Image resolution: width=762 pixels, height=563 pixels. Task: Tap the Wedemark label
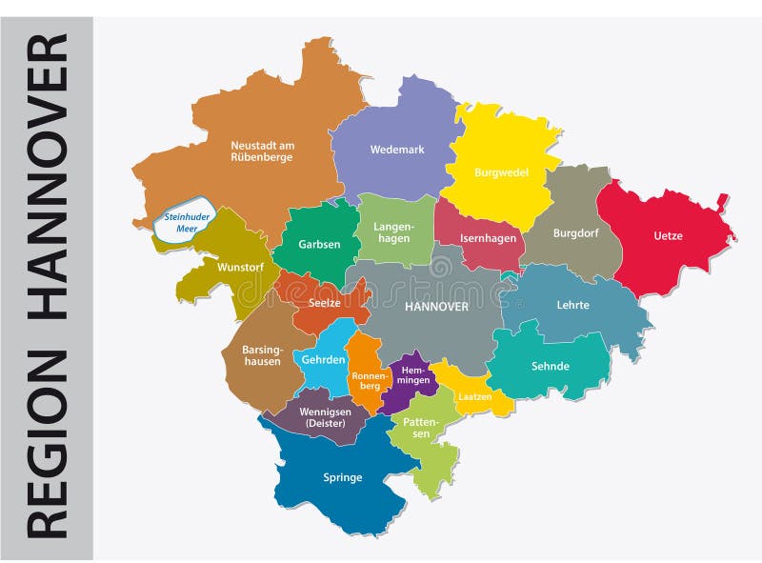click(397, 150)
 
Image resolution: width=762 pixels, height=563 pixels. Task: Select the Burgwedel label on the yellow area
click(501, 172)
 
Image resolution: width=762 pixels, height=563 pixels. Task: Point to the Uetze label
click(668, 234)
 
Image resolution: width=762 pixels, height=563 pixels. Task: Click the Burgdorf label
click(575, 231)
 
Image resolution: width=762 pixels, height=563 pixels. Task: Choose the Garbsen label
click(319, 244)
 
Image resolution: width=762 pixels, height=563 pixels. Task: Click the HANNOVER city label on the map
click(436, 307)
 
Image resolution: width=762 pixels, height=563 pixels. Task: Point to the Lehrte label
click(573, 305)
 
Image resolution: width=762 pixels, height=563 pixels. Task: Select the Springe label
click(343, 477)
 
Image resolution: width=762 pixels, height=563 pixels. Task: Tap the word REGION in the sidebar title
click(47, 442)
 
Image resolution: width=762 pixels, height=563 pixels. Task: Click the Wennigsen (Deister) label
click(318, 417)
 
